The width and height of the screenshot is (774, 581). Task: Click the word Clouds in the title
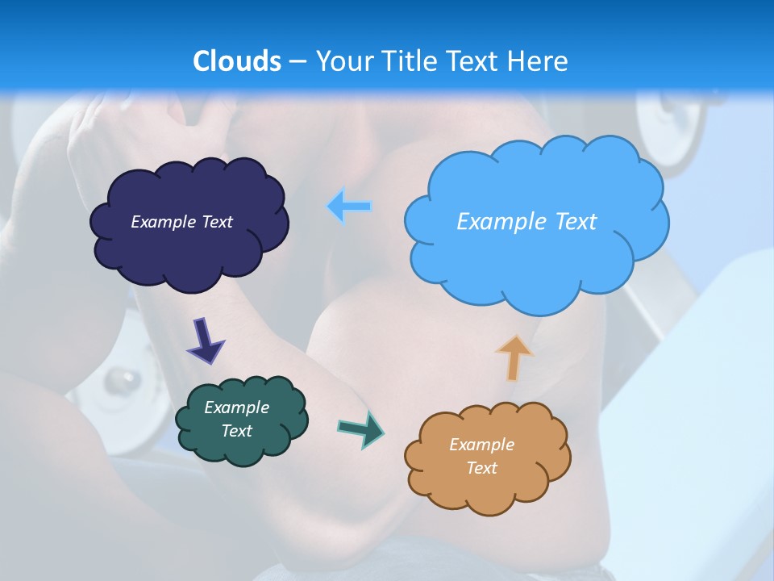coord(237,61)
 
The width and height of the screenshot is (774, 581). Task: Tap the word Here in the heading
coord(539,61)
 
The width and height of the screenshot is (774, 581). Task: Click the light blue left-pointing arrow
coord(350,206)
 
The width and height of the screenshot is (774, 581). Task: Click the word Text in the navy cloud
coord(217,222)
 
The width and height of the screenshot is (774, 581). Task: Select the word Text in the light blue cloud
coord(574,222)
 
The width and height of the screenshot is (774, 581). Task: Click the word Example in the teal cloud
coord(236,408)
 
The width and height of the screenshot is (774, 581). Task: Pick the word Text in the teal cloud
coord(237,431)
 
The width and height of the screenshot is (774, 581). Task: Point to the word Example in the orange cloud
coord(481,445)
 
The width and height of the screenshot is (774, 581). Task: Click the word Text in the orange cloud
coord(481,468)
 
